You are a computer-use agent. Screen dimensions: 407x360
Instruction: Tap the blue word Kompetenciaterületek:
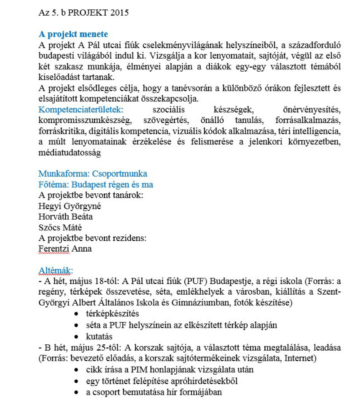[x=81, y=109]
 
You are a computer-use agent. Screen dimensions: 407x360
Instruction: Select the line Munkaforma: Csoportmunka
[x=93, y=174]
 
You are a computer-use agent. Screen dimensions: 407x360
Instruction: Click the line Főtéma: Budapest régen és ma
[x=95, y=184]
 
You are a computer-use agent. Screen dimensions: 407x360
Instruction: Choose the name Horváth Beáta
[x=65, y=216]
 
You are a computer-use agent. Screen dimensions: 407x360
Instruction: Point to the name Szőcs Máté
[x=60, y=227]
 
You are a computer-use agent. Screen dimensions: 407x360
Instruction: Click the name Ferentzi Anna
[x=65, y=249]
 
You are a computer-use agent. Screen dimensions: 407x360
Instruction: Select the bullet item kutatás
[x=99, y=336]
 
